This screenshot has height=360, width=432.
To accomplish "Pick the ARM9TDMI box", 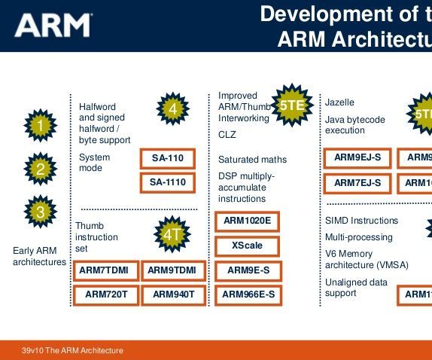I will coord(172,270).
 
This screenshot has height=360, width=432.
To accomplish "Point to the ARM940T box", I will coord(173,294).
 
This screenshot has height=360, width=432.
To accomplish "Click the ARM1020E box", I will coord(247,221).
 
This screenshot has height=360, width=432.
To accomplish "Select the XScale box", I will coord(247,246).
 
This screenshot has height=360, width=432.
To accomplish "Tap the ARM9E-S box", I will coord(247,270).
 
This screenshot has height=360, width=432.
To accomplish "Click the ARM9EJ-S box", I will coord(357,157).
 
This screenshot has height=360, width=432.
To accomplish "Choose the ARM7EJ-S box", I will coord(357,182).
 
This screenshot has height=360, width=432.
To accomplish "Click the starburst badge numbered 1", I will coord(41,125).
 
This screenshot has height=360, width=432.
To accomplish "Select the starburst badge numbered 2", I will coord(41,169).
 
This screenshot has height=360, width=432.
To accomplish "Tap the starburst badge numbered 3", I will coord(41,212).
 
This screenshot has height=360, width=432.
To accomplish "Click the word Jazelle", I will coord(339,102).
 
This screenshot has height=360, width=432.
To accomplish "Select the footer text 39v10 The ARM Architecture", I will coord(72,351).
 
